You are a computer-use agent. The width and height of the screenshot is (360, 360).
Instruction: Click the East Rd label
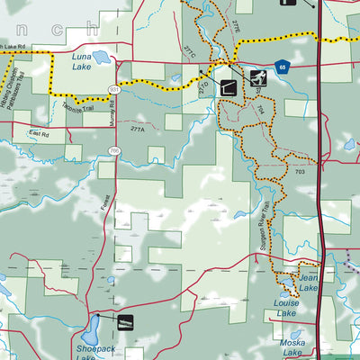(x=38, y=133)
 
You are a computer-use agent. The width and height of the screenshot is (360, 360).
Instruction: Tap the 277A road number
(x=138, y=130)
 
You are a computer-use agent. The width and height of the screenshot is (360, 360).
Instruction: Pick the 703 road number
(x=300, y=171)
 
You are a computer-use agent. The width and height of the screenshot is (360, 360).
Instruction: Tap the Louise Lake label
(x=287, y=308)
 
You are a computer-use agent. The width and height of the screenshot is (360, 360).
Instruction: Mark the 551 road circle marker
(x=114, y=89)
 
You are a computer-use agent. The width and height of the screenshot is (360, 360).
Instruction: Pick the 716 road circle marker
(x=114, y=150)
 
